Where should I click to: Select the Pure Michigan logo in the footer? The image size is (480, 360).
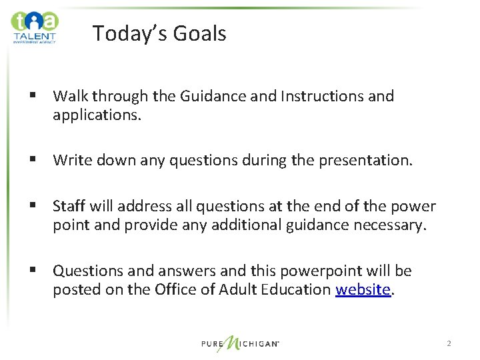tap(240, 343)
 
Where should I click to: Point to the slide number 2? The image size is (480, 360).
tap(449, 343)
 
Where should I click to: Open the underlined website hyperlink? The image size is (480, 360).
tap(362, 289)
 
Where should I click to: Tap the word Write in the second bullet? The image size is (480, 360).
tap(71, 160)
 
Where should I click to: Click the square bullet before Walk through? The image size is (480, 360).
tap(32, 97)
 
